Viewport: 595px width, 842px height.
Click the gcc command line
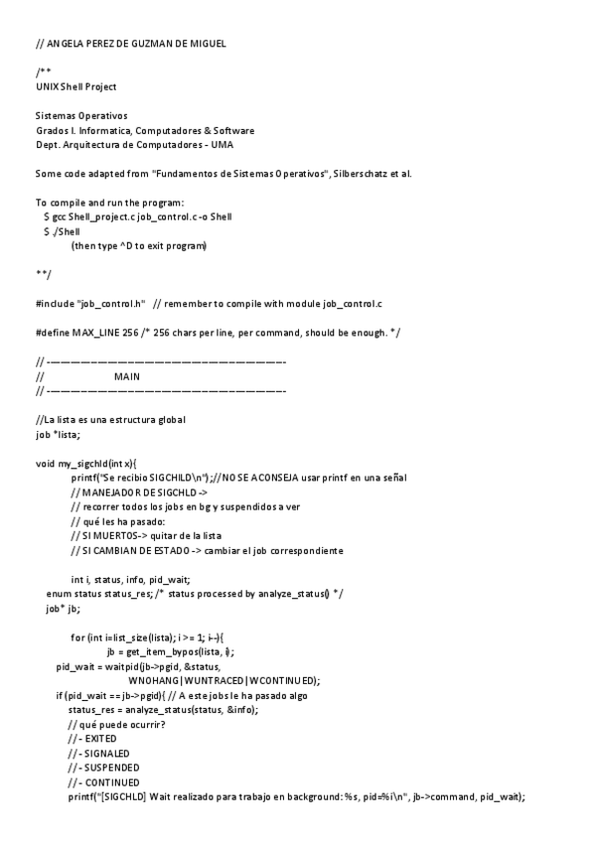(139, 216)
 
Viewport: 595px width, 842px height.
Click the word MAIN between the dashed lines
(127, 376)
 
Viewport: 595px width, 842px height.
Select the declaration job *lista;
(58, 434)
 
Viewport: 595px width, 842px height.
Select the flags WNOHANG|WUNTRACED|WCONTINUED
(223, 680)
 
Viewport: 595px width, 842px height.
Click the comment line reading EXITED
(92, 740)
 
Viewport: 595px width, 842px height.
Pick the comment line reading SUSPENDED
(103, 768)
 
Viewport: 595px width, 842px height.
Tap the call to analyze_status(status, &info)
(186, 710)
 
